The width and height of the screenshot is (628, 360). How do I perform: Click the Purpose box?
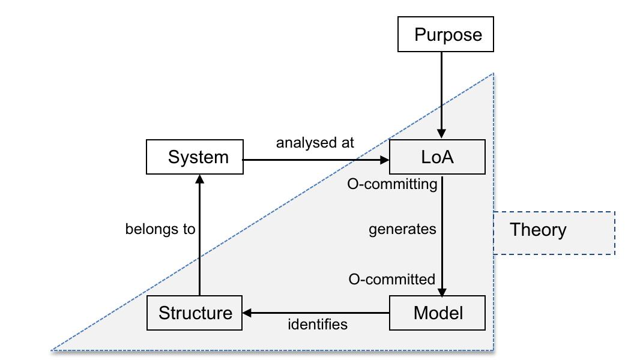click(x=445, y=34)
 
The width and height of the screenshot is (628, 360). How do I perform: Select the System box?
click(x=195, y=157)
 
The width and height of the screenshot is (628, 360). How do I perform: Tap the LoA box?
click(x=436, y=158)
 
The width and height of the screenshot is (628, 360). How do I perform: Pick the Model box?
click(x=436, y=313)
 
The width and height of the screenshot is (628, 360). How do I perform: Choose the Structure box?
click(x=195, y=313)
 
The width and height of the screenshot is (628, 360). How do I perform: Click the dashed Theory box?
click(x=554, y=233)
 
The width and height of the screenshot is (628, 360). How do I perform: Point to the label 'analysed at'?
click(x=315, y=143)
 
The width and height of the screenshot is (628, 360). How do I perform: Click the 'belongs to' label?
click(x=160, y=229)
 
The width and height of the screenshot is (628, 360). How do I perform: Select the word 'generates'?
click(x=402, y=229)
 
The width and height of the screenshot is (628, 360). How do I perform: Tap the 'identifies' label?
click(x=318, y=325)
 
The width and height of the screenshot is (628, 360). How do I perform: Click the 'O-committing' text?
click(x=392, y=184)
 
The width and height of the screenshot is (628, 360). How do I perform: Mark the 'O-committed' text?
click(x=391, y=279)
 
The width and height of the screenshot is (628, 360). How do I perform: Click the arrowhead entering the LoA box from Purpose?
click(x=442, y=135)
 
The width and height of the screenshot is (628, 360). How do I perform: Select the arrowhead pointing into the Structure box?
click(x=247, y=313)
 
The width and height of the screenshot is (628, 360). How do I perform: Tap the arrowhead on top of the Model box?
click(x=442, y=292)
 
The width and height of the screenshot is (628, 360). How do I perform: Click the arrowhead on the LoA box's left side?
click(x=384, y=160)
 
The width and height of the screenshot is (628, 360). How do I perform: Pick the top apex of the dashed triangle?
click(x=493, y=74)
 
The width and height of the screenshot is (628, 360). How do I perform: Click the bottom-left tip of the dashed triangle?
click(x=52, y=349)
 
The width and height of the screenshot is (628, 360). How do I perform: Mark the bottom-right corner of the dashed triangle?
click(x=494, y=349)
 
